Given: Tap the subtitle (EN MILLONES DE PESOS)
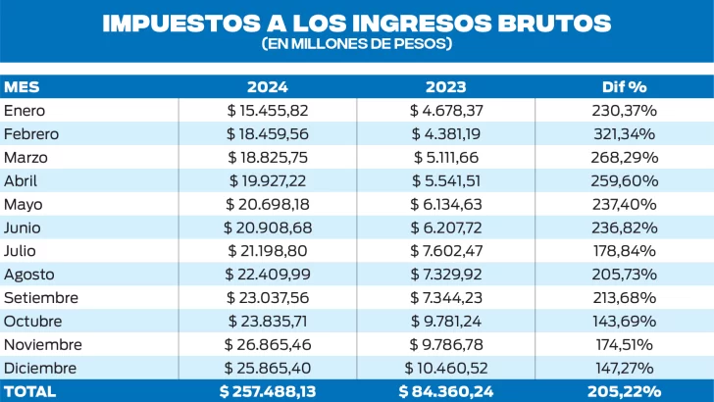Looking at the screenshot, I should tap(357, 45).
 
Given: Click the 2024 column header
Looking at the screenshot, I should tap(267, 87).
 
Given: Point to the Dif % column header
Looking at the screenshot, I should tap(623, 87).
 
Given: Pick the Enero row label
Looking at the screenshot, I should tap(25, 111).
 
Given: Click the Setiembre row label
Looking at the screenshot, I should tap(41, 297).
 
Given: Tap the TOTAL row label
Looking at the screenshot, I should tap(29, 390).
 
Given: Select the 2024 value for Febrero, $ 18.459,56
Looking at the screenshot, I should tap(267, 134).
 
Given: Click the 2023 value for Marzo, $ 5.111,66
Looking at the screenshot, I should tap(445, 157).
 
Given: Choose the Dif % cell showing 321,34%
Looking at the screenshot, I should tap(624, 134).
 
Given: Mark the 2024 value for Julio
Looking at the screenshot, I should tap(267, 250).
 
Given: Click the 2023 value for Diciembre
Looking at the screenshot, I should tap(445, 367).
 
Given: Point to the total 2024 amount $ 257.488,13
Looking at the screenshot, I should tap(267, 390).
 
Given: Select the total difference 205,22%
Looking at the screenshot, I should tap(624, 390).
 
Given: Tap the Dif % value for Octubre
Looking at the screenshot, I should tap(624, 321).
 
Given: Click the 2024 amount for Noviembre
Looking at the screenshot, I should tap(267, 344).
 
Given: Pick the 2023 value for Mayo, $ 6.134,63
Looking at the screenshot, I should tap(445, 204).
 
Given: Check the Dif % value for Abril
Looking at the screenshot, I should tap(624, 180).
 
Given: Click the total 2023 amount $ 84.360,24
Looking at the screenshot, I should tap(445, 390).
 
